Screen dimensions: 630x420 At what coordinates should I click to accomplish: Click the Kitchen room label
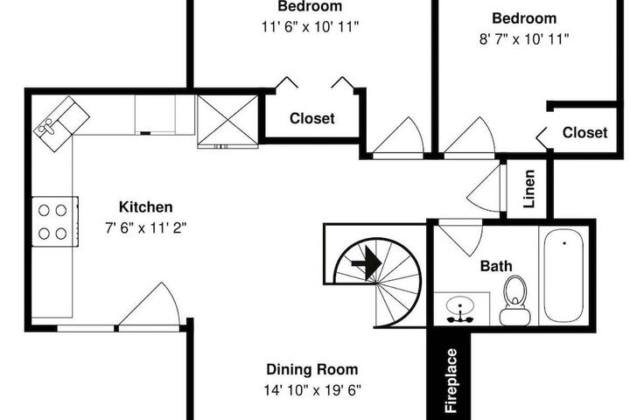click(x=146, y=207)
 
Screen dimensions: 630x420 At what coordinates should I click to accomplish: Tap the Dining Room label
click(x=312, y=369)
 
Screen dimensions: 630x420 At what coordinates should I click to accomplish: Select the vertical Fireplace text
click(x=451, y=381)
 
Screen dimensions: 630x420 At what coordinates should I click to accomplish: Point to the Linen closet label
click(x=529, y=188)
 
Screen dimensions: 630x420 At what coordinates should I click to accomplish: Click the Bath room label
click(x=496, y=266)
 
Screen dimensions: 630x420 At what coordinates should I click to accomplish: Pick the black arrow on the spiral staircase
click(x=367, y=263)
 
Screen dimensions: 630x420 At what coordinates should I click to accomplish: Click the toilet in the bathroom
click(x=514, y=300)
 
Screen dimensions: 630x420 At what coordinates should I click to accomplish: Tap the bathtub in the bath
click(x=563, y=276)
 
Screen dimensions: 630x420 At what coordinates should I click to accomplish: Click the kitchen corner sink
click(x=61, y=123)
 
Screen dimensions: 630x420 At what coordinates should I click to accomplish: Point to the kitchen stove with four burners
click(x=55, y=221)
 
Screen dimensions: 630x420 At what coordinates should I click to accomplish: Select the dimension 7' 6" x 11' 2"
click(x=146, y=228)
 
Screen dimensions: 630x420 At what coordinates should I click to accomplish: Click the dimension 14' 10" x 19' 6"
click(x=312, y=390)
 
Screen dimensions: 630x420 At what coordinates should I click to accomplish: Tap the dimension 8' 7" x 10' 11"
click(x=524, y=39)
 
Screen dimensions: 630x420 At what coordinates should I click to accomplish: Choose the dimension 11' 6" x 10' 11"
click(x=310, y=27)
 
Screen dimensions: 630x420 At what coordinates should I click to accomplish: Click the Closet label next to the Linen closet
click(x=584, y=133)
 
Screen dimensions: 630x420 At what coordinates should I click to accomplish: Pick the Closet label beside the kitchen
click(x=312, y=119)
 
